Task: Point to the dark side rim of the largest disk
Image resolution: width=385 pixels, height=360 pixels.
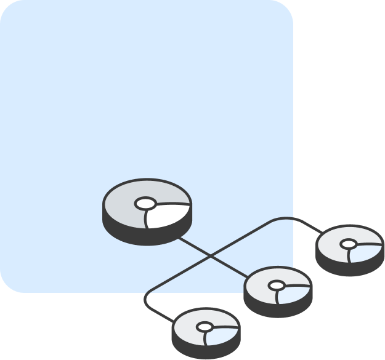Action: coord(146,236)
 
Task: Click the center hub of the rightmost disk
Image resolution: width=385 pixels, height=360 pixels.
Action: coord(349,245)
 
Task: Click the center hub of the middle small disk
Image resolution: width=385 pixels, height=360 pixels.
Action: coord(277,286)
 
